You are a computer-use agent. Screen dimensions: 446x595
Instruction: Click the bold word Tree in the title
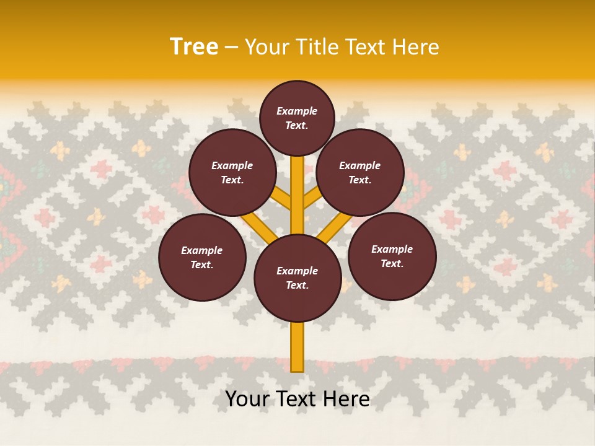[x=194, y=47]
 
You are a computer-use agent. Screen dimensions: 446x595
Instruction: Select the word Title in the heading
[x=317, y=47]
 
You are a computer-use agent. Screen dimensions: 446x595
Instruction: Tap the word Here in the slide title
[x=415, y=47]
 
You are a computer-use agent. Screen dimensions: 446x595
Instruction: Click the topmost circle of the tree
[x=297, y=118]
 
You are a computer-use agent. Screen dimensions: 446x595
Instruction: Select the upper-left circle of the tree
[x=232, y=172]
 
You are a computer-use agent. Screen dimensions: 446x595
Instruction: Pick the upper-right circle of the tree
[x=360, y=172]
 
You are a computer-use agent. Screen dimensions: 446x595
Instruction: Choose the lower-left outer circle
[x=202, y=257]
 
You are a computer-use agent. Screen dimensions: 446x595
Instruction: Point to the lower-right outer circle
[x=392, y=256]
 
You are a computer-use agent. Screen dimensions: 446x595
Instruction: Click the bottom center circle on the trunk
[x=297, y=278]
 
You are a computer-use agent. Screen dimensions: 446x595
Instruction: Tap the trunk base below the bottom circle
[x=297, y=350]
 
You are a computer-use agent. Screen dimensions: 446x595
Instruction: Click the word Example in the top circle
[x=297, y=111]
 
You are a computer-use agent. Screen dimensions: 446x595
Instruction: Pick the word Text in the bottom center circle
[x=297, y=286]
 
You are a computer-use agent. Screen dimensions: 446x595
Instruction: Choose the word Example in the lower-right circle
[x=392, y=249]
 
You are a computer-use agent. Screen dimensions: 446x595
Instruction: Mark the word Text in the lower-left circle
[x=201, y=265]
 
